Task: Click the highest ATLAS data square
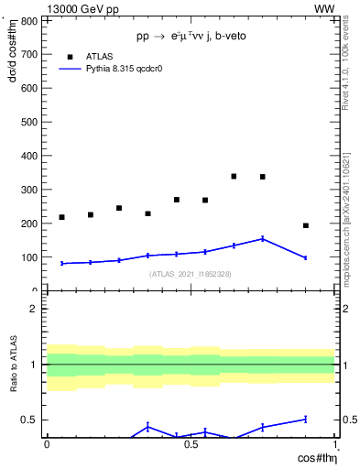point(234,176)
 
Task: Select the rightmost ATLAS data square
point(306,225)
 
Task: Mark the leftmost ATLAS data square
point(61,217)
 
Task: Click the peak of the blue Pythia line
point(263,238)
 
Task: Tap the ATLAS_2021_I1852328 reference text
point(190,274)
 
